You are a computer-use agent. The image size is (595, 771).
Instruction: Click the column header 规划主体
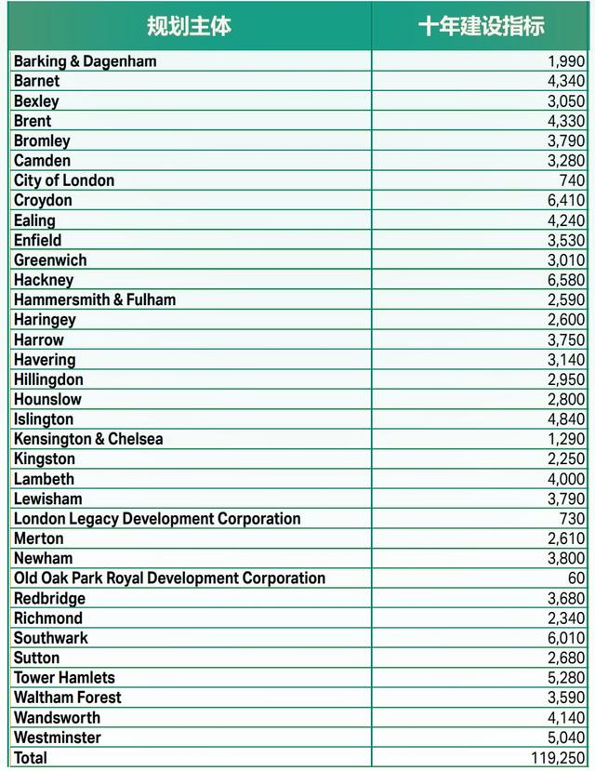(x=189, y=26)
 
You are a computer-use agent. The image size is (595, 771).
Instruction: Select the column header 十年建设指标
(x=481, y=26)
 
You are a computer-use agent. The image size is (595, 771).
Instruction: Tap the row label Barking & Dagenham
(x=85, y=61)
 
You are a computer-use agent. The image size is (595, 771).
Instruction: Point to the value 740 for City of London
(x=573, y=180)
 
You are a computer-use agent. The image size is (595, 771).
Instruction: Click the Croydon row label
(x=43, y=201)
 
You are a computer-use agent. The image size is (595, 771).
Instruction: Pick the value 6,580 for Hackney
(x=566, y=280)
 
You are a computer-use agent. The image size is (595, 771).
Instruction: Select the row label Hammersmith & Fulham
(x=94, y=300)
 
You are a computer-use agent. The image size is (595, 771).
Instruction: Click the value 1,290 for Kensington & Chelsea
(x=566, y=439)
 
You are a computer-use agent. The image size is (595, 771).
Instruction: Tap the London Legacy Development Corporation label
(x=157, y=519)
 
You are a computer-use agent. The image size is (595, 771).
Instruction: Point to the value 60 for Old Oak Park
(x=576, y=578)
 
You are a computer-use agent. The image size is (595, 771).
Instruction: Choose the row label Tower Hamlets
(x=64, y=678)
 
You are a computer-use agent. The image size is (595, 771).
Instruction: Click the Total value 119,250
(x=558, y=758)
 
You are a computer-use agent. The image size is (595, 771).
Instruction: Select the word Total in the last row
(x=31, y=758)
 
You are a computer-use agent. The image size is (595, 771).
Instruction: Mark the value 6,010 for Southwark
(x=566, y=638)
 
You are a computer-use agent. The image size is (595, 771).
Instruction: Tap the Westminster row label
(x=57, y=738)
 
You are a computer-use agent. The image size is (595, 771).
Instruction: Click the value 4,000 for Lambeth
(x=566, y=479)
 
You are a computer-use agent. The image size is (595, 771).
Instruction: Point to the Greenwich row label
(x=50, y=260)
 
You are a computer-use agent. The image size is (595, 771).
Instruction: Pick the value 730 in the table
(x=573, y=519)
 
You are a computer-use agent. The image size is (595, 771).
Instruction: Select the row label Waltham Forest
(x=67, y=698)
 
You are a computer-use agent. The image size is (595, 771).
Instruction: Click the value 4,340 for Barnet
(x=566, y=81)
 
